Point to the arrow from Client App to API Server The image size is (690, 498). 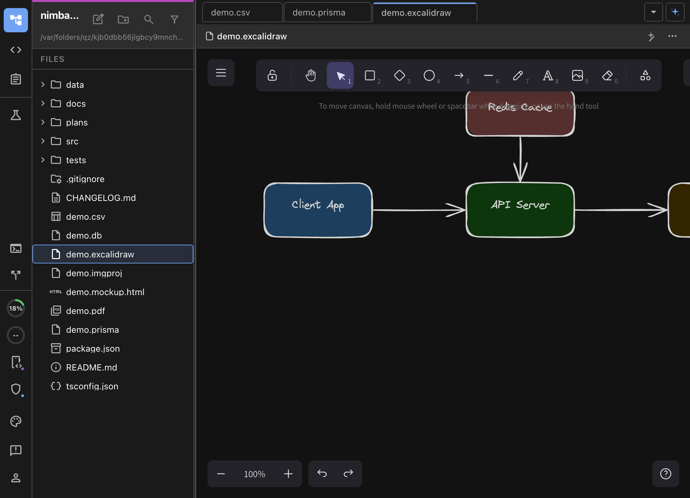tap(418, 210)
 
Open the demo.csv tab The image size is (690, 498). tap(230, 13)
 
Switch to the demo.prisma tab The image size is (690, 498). tap(319, 13)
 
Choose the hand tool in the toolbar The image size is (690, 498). tap(311, 75)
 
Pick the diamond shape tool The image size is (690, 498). tap(400, 75)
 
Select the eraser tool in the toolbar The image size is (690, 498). tap(607, 75)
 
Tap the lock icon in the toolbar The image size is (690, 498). tap(272, 75)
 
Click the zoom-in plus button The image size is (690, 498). tap(288, 474)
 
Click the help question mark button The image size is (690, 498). tap(665, 474)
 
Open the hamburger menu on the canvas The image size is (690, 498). tap(221, 73)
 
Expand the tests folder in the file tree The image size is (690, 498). tap(43, 160)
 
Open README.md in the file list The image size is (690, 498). tap(91, 367)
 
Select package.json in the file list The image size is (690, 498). tap(93, 349)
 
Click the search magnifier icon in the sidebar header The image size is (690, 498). tap(149, 20)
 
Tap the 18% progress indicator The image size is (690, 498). tap(16, 308)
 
